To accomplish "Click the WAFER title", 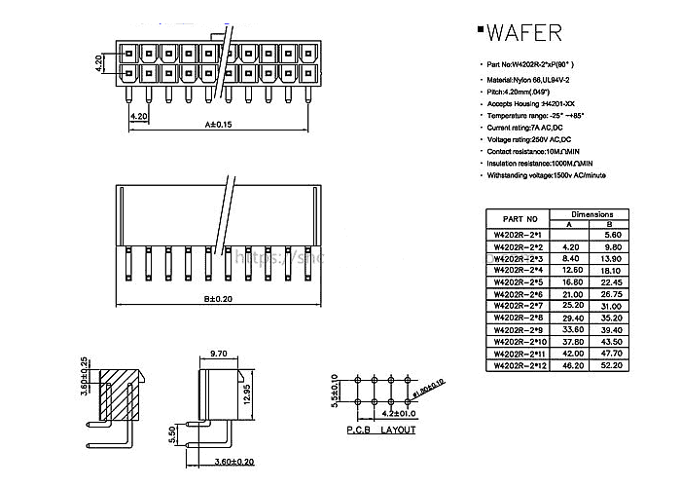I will pyautogui.click(x=523, y=33).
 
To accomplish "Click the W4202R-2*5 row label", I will pyautogui.click(x=519, y=282).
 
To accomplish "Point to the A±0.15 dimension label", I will pyautogui.click(x=219, y=125).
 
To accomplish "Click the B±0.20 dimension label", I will pyautogui.click(x=220, y=299).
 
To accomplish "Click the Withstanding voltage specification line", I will pyautogui.click(x=547, y=175).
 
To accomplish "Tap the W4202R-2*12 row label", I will pyautogui.click(x=520, y=365).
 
